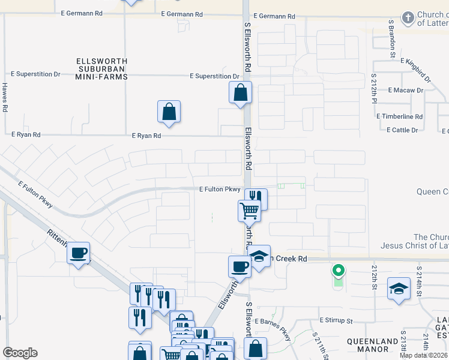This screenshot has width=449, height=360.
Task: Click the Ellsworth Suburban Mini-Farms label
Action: (x=101, y=69)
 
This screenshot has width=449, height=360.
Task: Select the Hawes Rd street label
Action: (x=5, y=98)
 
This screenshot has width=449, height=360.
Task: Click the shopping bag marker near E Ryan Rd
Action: (x=169, y=112)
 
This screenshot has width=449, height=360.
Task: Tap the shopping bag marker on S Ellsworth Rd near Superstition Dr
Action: (x=240, y=93)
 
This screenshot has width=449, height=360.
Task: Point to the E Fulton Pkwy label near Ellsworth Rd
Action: (x=220, y=189)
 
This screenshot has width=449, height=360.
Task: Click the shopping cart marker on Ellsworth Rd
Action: (x=249, y=211)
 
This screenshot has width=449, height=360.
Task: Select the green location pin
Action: (x=338, y=271)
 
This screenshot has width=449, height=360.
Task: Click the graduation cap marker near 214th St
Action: (x=399, y=289)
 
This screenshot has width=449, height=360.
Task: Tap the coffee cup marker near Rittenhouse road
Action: (x=78, y=253)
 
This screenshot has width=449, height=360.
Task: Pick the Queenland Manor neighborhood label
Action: (x=372, y=345)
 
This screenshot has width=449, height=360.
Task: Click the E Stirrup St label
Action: (x=336, y=320)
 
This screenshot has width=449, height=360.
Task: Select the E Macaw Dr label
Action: (x=406, y=90)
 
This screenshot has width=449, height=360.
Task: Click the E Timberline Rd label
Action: (x=399, y=116)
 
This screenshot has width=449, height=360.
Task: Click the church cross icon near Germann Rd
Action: (x=408, y=17)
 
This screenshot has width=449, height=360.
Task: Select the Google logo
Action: (x=20, y=353)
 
